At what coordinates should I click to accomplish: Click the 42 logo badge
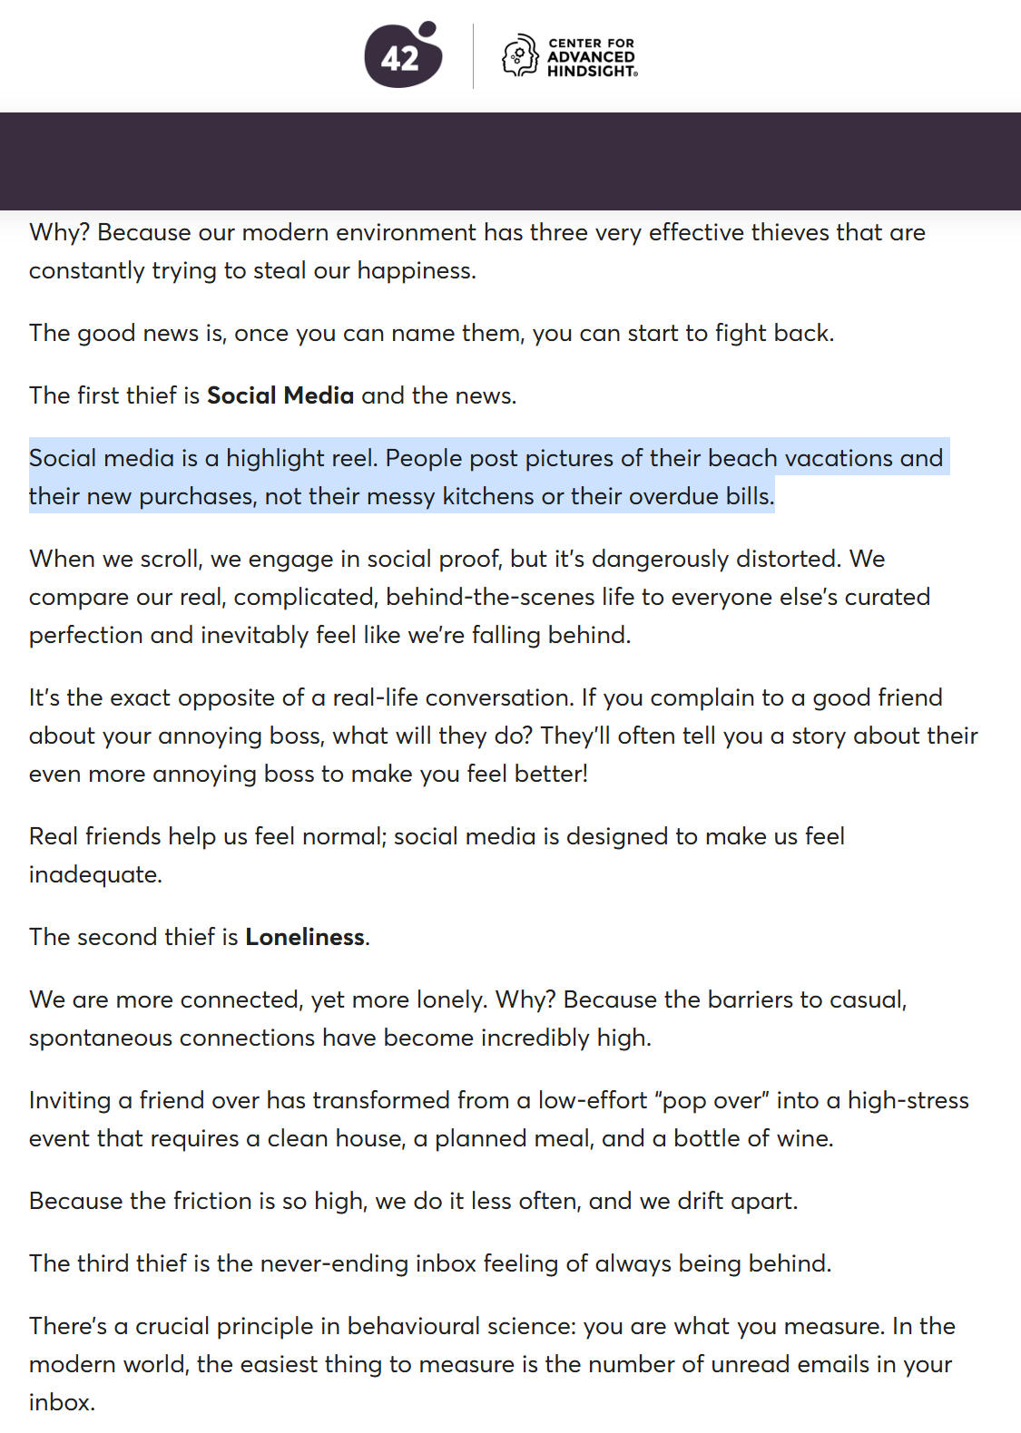click(x=402, y=56)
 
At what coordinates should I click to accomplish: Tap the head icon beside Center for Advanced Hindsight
click(x=520, y=56)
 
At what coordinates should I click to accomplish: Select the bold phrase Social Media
click(x=280, y=395)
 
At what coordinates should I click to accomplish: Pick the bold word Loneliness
click(x=305, y=937)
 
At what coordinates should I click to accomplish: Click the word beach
click(x=742, y=458)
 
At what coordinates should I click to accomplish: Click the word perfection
click(x=85, y=635)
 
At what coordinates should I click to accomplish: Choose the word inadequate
click(x=94, y=874)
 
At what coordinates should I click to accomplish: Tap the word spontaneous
click(x=100, y=1038)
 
